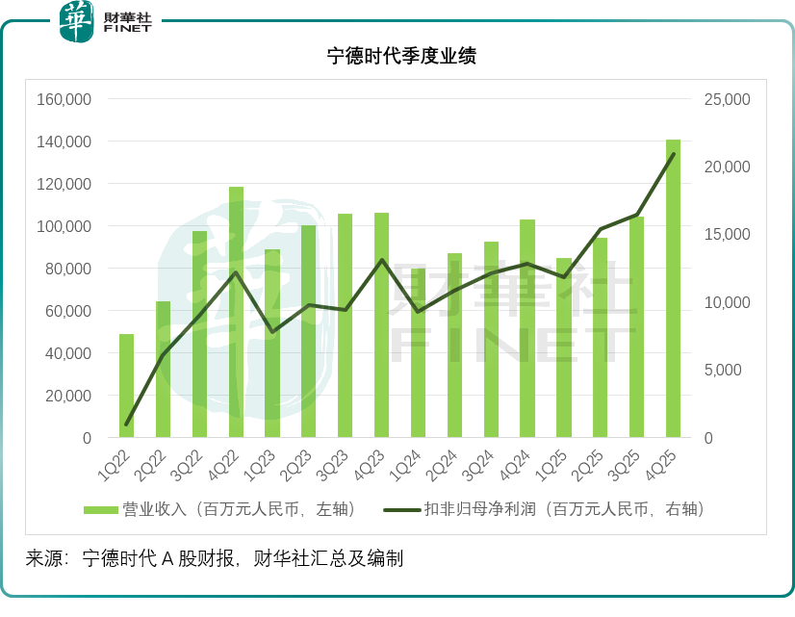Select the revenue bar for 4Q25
(673, 289)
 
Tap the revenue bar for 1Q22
(126, 386)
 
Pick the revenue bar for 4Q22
(236, 313)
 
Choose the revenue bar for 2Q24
(454, 346)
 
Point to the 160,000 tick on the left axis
(64, 99)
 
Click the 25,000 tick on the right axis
(729, 99)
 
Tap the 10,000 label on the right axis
(729, 302)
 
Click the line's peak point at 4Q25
(673, 154)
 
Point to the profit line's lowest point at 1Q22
(126, 424)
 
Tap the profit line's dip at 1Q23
(272, 332)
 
